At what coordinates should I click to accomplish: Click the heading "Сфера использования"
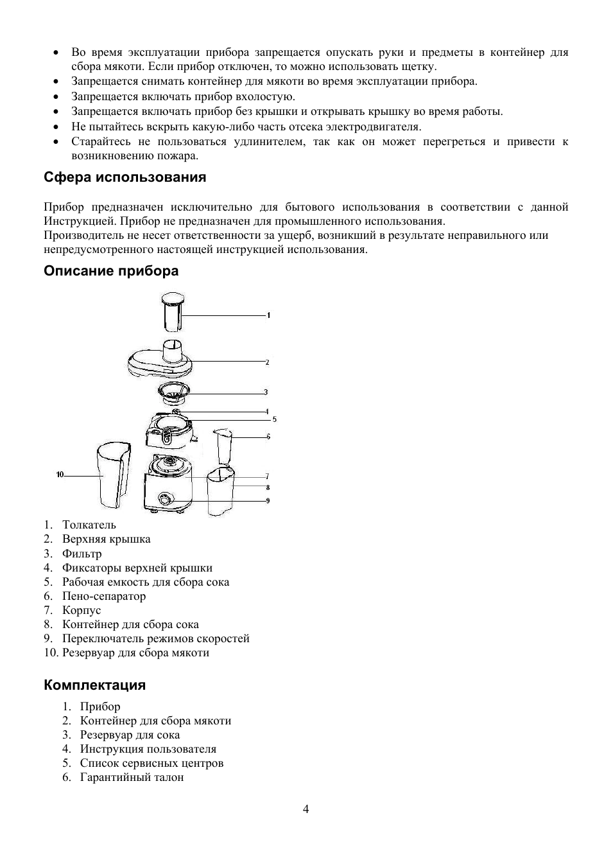click(x=125, y=177)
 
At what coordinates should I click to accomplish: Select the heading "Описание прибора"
click(x=111, y=271)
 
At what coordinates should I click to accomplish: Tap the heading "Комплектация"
click(x=95, y=685)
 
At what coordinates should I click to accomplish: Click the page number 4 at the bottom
click(x=306, y=809)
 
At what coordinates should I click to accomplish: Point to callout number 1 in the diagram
click(x=268, y=315)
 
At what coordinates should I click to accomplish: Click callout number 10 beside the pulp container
click(x=60, y=475)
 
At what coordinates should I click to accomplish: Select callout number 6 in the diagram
click(x=268, y=437)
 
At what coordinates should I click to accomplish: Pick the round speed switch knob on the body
click(x=165, y=500)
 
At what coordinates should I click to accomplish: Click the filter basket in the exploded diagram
click(x=174, y=391)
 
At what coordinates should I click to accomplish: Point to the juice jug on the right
click(x=221, y=491)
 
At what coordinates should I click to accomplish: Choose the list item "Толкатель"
click(x=89, y=525)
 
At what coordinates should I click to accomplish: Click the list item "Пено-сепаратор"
click(x=104, y=596)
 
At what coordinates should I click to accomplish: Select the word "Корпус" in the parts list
click(x=82, y=610)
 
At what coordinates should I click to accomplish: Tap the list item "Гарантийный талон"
click(x=132, y=777)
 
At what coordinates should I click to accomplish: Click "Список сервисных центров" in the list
click(x=151, y=763)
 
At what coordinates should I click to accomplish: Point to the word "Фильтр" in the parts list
click(x=82, y=554)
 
